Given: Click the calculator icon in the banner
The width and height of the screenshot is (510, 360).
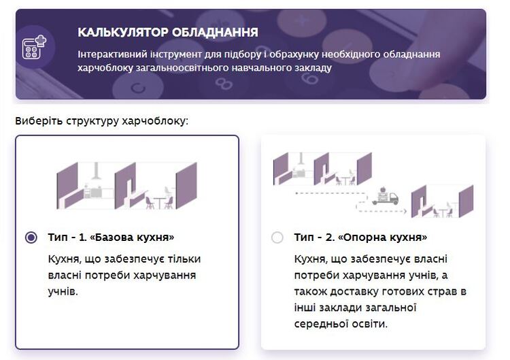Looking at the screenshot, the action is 34,48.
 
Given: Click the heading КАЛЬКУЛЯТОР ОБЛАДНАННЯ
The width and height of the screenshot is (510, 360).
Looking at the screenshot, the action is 168,32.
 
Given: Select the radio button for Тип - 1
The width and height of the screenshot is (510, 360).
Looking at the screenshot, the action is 31,238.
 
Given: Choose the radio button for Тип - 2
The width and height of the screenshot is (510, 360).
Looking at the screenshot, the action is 277,238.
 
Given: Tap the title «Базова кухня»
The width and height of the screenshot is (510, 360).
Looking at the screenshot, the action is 132,237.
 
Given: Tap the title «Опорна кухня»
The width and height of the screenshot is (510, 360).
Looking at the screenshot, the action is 382,237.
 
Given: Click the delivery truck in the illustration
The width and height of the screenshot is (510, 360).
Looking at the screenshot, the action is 385,196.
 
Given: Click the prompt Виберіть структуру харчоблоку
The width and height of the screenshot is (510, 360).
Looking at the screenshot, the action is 102,121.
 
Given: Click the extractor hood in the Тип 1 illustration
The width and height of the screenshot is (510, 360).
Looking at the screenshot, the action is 96,171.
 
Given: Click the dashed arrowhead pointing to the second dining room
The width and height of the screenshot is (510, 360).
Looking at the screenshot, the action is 405,211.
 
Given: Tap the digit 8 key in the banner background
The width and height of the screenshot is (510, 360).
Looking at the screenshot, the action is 224,84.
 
